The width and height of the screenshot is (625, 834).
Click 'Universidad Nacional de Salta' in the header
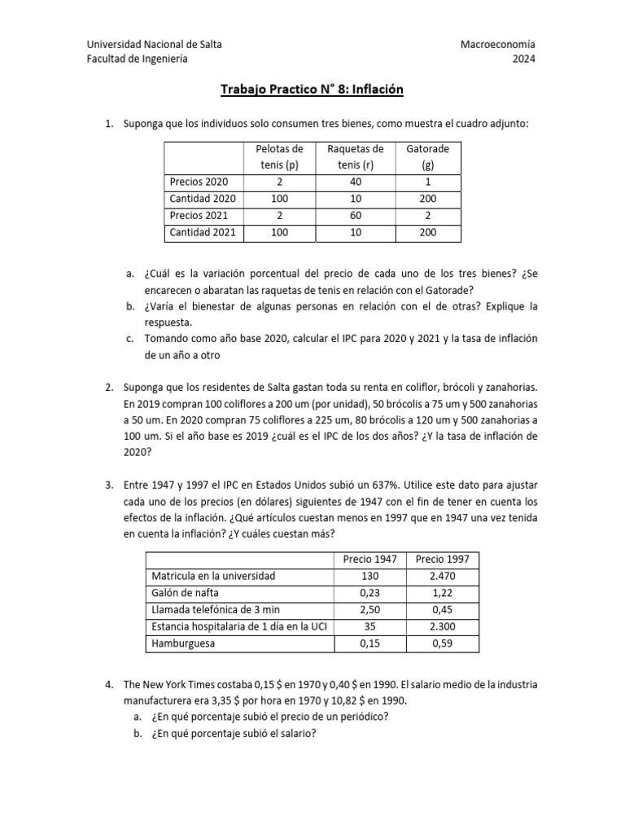[x=154, y=44]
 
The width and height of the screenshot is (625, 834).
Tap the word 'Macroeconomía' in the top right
[x=498, y=44]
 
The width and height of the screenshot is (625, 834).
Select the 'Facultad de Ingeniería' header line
[x=137, y=59]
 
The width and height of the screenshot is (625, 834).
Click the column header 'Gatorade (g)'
[x=428, y=156]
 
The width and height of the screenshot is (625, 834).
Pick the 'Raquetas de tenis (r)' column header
[x=355, y=156]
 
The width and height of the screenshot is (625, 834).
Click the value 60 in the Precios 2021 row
[x=355, y=216]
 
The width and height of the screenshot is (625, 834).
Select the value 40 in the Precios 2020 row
[x=355, y=182]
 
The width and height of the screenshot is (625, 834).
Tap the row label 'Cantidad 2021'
[x=202, y=233]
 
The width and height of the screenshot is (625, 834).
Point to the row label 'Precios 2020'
[x=199, y=182]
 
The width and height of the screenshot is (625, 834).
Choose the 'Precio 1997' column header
[x=442, y=559]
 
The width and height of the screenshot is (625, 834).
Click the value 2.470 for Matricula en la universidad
[x=442, y=576]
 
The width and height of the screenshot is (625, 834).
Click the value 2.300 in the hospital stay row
[x=442, y=627]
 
